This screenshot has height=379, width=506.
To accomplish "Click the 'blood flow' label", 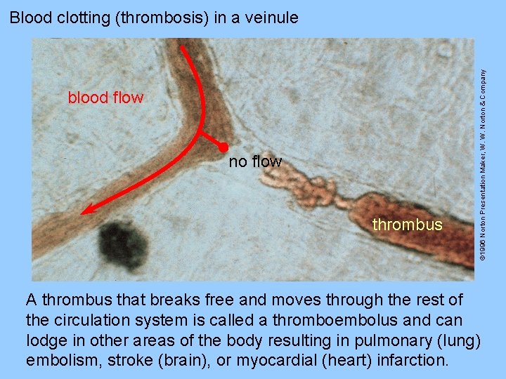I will tap(105, 98).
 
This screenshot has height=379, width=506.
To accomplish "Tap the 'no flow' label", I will tap(255, 162).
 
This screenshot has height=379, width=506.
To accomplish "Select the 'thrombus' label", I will tap(408, 225).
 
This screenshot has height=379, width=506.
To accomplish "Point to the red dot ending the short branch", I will tap(222, 147).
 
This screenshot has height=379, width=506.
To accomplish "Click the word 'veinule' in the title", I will tap(273, 18).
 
